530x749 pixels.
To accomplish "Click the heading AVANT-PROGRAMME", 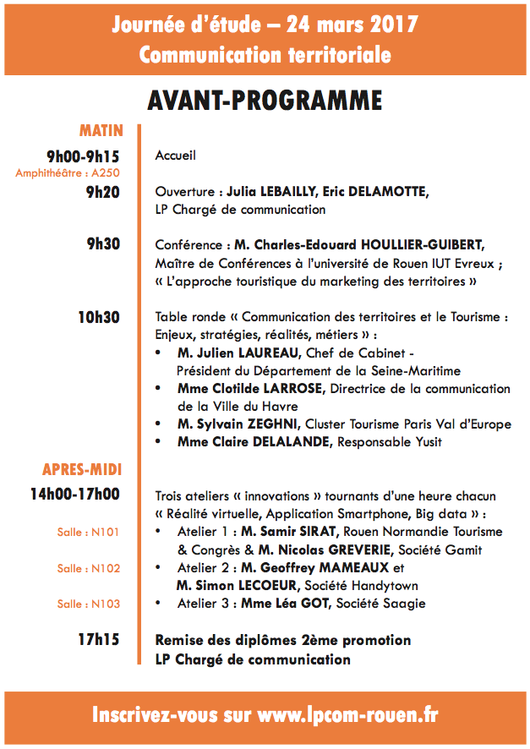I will tap(265, 100).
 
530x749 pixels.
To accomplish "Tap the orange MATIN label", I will tap(101, 130).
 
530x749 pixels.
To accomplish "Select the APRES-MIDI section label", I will tap(83, 469).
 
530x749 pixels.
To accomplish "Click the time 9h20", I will tap(103, 192).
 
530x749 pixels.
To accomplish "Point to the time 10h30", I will tap(99, 318).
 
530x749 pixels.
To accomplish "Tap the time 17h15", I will tap(99, 640).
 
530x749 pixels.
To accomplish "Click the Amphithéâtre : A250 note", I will tap(68, 172).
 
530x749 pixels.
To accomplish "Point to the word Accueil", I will tap(176, 156).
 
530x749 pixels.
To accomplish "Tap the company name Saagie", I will tap(409, 604).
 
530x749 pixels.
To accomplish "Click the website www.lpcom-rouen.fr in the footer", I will tap(347, 715).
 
